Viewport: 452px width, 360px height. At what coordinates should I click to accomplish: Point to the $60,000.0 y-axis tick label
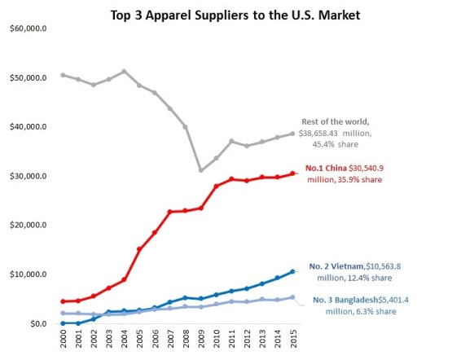[x=28, y=29]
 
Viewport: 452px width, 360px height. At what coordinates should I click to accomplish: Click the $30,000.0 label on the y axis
[x=28, y=177]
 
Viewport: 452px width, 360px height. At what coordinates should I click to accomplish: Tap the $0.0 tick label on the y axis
[x=36, y=323]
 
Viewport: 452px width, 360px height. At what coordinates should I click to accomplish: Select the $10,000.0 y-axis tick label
[x=28, y=274]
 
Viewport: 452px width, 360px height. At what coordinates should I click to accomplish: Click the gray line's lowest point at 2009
[x=200, y=170]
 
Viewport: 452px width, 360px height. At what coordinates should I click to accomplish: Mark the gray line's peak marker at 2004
[x=124, y=72]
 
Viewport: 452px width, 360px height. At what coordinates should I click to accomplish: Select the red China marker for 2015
[x=292, y=173]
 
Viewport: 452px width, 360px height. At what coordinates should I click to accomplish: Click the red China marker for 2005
[x=139, y=249]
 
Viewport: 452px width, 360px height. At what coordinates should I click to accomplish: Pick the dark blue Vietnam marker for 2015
[x=292, y=271]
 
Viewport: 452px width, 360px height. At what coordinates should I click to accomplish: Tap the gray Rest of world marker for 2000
[x=64, y=75]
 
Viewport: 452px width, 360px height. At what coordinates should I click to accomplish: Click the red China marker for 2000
[x=64, y=301]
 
